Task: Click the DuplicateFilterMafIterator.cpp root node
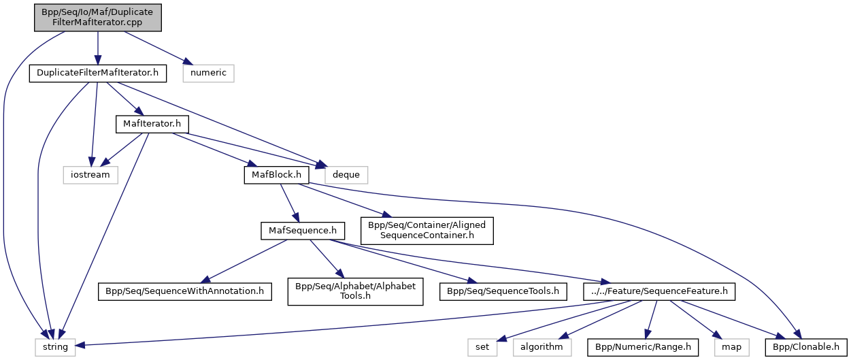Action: pyautogui.click(x=98, y=17)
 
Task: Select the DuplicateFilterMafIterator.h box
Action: pyautogui.click(x=98, y=73)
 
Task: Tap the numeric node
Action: pyautogui.click(x=208, y=73)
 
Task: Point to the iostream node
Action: pyautogui.click(x=90, y=174)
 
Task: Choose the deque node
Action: pyautogui.click(x=346, y=174)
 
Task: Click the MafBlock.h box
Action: pyautogui.click(x=276, y=174)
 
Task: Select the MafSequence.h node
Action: pyautogui.click(x=299, y=231)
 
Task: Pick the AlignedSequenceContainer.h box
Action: pyautogui.click(x=426, y=231)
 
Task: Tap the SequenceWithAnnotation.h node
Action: pyautogui.click(x=184, y=291)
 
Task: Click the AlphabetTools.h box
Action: pyautogui.click(x=354, y=291)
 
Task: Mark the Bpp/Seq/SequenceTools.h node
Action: pyautogui.click(x=503, y=291)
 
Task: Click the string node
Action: pyautogui.click(x=55, y=347)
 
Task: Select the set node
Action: pyautogui.click(x=482, y=347)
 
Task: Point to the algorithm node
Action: pyautogui.click(x=541, y=347)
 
